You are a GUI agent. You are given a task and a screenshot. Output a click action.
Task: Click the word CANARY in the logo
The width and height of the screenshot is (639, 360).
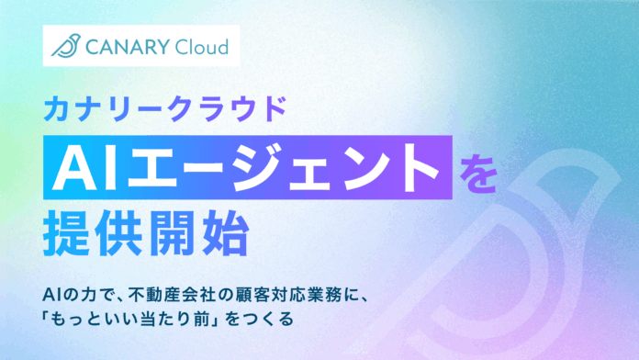click(x=125, y=45)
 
